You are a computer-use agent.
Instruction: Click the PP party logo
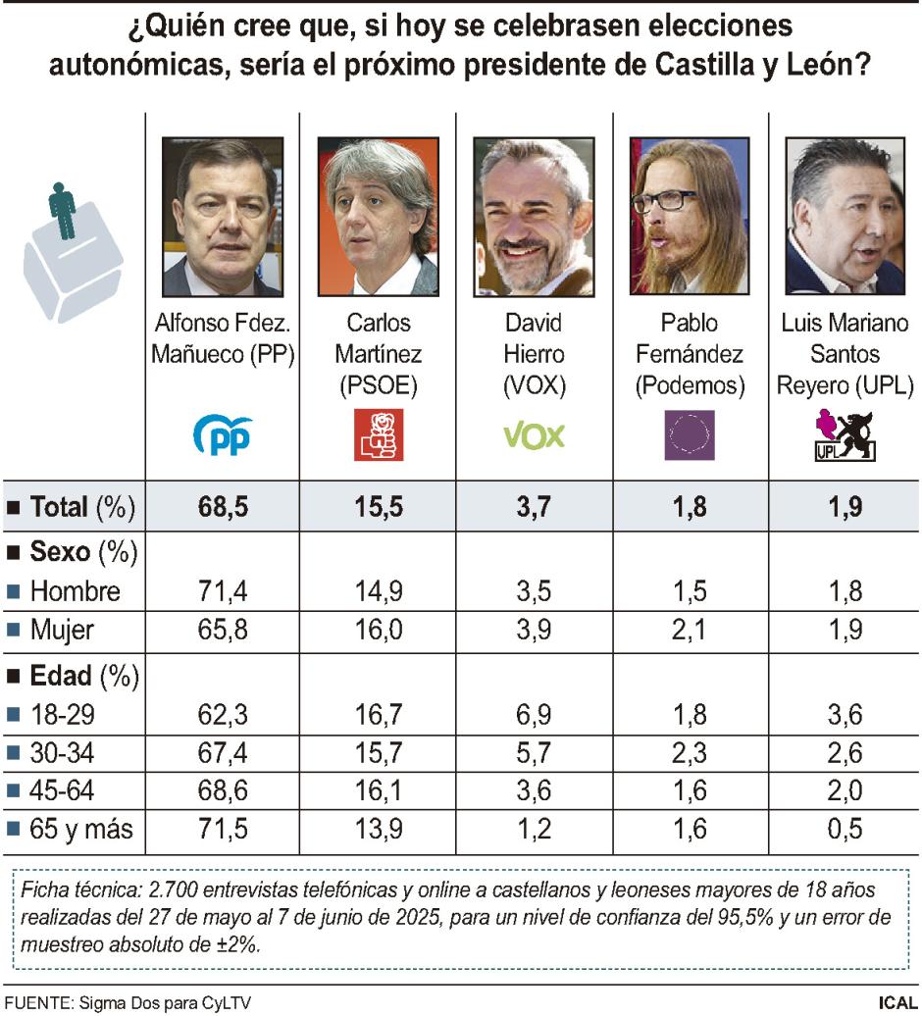tap(222, 435)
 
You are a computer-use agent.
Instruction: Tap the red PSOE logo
tap(378, 435)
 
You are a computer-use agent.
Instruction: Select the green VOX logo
tap(534, 435)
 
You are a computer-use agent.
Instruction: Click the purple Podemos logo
tap(690, 435)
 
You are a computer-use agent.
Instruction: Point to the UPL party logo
tap(845, 436)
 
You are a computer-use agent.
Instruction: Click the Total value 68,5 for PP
tap(222, 507)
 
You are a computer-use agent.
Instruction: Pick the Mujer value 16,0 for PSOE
tap(378, 630)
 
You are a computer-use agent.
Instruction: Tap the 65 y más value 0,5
tap(845, 829)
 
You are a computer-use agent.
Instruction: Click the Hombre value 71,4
tap(222, 591)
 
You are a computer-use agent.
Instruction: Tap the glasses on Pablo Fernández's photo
tap(668, 199)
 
